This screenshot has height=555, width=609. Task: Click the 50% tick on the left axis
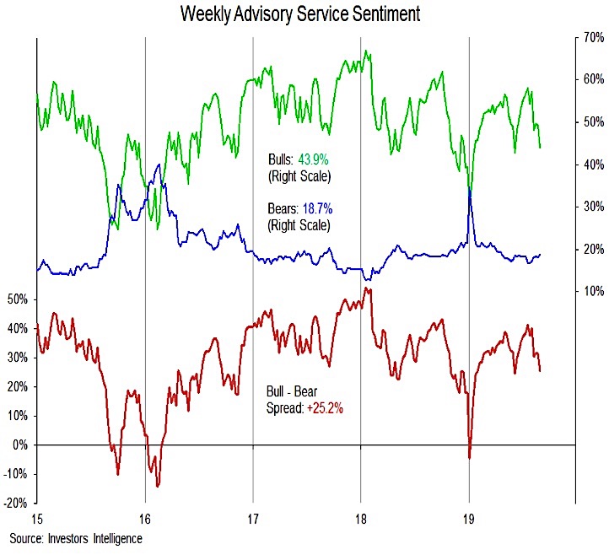(18, 299)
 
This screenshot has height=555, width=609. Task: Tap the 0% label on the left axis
(21, 445)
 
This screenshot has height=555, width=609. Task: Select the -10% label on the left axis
(16, 474)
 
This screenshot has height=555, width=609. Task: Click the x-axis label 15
(36, 518)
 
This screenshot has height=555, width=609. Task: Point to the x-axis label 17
(253, 518)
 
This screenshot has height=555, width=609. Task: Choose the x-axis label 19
(469, 518)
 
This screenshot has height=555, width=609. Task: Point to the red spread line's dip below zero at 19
(469, 458)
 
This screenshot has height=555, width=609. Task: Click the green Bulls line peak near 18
(366, 51)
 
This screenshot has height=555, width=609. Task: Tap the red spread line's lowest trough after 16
(158, 486)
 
